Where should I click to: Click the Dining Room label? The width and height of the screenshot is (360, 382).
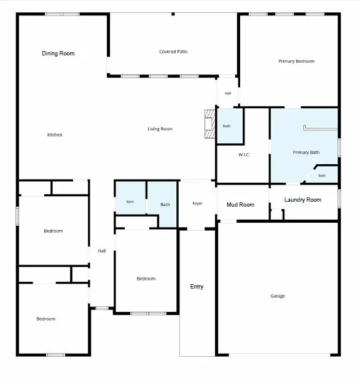58,54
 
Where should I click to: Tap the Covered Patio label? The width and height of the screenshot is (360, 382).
173,52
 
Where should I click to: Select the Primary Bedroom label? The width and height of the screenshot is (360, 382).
296,61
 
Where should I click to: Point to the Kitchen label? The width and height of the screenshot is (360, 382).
55,135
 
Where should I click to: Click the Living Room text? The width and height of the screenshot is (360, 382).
160,129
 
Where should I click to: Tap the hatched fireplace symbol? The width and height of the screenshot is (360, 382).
209,124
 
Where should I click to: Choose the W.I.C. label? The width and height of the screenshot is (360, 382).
244,154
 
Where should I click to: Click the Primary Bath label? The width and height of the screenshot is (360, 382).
306,153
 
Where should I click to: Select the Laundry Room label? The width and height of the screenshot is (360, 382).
303,200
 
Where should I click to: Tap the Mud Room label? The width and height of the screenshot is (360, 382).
240,205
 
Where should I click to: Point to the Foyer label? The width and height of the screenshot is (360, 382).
197,204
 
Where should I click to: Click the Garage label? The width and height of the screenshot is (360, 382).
278,296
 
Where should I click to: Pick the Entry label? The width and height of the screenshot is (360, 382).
197,287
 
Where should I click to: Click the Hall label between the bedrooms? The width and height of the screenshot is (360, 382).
102,251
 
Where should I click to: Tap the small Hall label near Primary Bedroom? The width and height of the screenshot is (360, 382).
228,94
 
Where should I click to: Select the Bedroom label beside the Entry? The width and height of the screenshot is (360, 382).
146,279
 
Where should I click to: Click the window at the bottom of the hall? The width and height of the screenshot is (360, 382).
102,308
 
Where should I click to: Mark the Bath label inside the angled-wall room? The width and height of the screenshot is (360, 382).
322,176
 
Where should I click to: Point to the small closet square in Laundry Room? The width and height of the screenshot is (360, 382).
276,215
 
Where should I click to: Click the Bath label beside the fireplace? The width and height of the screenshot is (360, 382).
227,126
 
